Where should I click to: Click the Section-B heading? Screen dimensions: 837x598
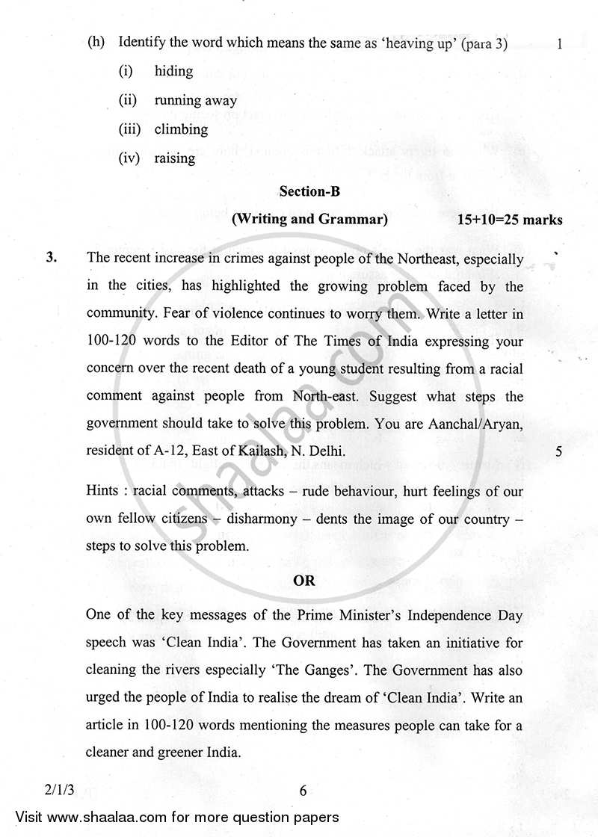pos(309,191)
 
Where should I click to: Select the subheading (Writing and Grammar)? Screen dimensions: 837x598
pos(309,219)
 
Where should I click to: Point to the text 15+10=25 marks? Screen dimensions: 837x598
pos(510,220)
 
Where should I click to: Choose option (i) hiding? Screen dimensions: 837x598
pos(173,71)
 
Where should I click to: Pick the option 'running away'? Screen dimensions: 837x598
pos(195,100)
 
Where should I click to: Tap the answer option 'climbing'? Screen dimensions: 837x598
pos(181,129)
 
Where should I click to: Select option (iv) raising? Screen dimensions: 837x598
pos(174,158)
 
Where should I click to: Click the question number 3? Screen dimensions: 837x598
pos(52,259)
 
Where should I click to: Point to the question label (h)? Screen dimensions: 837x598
pos(96,43)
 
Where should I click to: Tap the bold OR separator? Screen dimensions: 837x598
pos(304,581)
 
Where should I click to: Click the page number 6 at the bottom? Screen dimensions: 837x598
pos(303,791)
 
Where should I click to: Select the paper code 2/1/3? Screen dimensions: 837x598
pos(51,791)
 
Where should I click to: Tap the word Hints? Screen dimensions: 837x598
pos(105,492)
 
